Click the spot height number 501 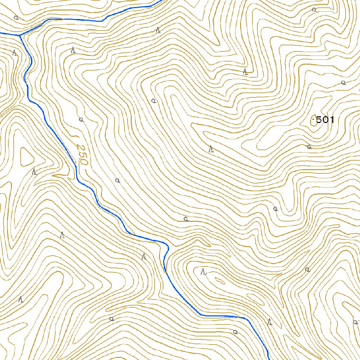coord(325,120)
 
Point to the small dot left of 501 coord(313,120)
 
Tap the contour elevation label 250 coord(81,155)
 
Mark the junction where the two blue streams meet coord(20,35)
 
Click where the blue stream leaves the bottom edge coord(268,359)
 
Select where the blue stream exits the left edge coord(1,33)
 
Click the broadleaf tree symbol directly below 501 coord(309,147)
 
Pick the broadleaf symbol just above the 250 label coord(81,120)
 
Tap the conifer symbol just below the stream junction coord(14,53)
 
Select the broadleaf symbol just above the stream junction coord(15,17)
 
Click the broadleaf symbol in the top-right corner coord(314,9)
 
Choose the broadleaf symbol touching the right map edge coord(355,322)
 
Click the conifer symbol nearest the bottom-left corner coord(21,300)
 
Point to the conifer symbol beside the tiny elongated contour coord(203,271)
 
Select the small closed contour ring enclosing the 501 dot coord(314,121)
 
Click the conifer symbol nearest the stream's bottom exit coord(270,321)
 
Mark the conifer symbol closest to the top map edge coord(158,30)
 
